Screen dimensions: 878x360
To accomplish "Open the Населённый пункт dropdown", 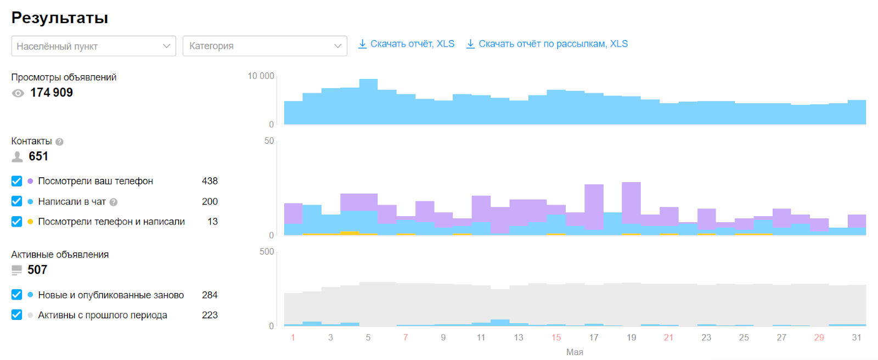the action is (x=93, y=46).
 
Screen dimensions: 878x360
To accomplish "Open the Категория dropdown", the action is (x=264, y=46).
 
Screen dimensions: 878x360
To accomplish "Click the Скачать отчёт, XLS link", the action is (x=406, y=44).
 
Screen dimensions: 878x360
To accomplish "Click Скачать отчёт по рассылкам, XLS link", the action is (x=547, y=44).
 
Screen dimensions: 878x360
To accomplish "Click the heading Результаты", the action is (x=60, y=18).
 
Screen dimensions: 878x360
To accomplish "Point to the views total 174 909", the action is (x=52, y=93).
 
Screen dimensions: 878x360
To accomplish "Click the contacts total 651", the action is (x=38, y=156).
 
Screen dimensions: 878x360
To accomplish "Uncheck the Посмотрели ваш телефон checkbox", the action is (x=16, y=181).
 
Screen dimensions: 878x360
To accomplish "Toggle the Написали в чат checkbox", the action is (x=16, y=201).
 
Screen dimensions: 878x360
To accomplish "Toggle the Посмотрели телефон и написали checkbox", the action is (x=16, y=222).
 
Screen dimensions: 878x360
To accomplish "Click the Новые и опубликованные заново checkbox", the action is (x=16, y=295).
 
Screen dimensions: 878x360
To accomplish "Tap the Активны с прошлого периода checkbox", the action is (x=16, y=314).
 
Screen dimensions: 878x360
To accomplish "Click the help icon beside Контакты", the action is (x=59, y=142).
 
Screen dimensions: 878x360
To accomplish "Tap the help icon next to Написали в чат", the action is (x=113, y=202).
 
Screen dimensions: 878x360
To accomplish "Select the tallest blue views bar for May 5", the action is (x=368, y=102).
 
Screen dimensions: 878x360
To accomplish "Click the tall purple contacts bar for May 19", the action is (x=631, y=203).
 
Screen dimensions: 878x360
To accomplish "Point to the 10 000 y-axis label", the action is (x=261, y=76).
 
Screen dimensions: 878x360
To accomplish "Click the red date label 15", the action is (x=556, y=337).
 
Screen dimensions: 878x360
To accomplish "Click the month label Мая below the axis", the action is (x=575, y=352).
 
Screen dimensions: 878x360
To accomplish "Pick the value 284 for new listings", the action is (x=210, y=295).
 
